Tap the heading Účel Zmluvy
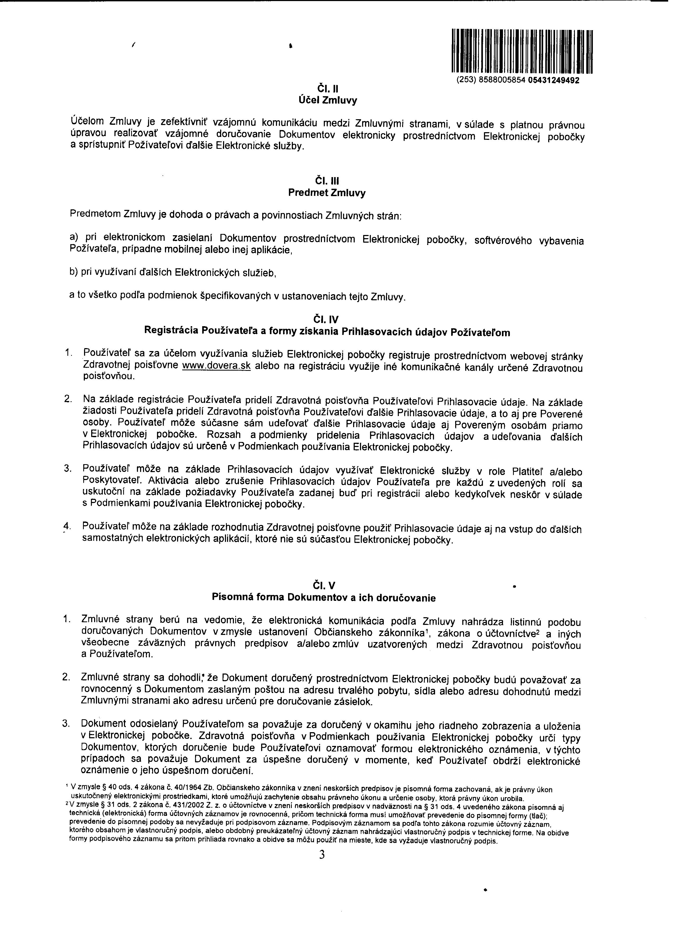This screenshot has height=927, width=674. click(x=328, y=100)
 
